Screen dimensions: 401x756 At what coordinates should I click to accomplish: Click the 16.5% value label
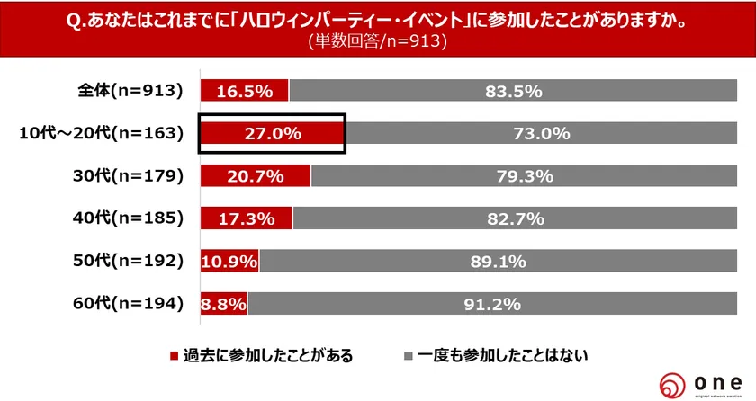(x=243, y=91)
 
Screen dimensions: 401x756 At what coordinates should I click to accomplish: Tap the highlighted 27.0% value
(x=272, y=134)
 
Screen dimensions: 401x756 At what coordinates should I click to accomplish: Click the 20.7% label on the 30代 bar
(x=255, y=176)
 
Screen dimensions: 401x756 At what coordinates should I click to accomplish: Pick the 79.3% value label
(x=525, y=176)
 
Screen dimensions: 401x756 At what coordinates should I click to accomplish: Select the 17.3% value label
(x=246, y=218)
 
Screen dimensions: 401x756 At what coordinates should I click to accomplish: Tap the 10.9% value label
(x=229, y=262)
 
